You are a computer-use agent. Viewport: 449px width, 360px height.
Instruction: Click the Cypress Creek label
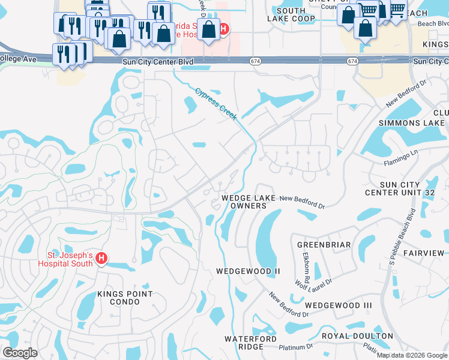tap(215, 103)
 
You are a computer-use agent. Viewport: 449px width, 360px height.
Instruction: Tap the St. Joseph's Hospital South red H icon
tap(101, 259)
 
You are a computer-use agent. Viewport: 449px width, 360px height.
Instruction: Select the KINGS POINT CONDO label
tap(125, 298)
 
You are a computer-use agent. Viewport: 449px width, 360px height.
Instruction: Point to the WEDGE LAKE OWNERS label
tap(248, 202)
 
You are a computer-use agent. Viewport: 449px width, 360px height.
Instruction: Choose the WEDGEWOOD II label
tap(248, 271)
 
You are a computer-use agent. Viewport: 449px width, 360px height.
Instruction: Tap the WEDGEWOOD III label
tap(342, 305)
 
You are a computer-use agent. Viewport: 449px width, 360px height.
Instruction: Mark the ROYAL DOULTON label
tap(357, 336)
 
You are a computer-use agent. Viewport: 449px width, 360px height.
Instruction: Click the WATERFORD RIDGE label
tap(250, 343)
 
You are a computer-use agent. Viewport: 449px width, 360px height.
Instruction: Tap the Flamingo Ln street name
tap(400, 159)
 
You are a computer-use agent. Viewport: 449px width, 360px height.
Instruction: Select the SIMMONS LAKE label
tap(412, 122)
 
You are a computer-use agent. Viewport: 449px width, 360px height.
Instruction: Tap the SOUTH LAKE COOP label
tap(291, 14)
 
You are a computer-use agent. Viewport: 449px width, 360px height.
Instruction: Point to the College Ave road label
tap(18, 59)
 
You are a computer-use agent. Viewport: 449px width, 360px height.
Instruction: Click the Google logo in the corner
tap(20, 353)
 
